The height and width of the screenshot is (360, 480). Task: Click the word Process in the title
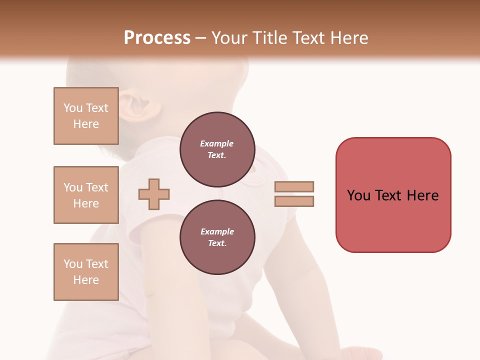(157, 38)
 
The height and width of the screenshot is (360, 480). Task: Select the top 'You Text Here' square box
(86, 116)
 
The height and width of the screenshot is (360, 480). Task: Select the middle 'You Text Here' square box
(86, 195)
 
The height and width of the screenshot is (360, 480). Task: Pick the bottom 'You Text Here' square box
(86, 272)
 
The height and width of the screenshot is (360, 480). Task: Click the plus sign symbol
(154, 194)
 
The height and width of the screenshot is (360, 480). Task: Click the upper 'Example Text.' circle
(217, 149)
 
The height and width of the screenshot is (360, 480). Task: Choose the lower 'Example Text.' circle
(217, 237)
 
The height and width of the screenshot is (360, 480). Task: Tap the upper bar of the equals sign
(294, 186)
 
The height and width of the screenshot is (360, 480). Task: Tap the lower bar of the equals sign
(294, 201)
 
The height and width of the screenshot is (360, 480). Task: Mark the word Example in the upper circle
(217, 143)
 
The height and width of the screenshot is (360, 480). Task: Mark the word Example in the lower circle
(217, 231)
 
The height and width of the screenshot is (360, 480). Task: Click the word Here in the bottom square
(86, 280)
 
